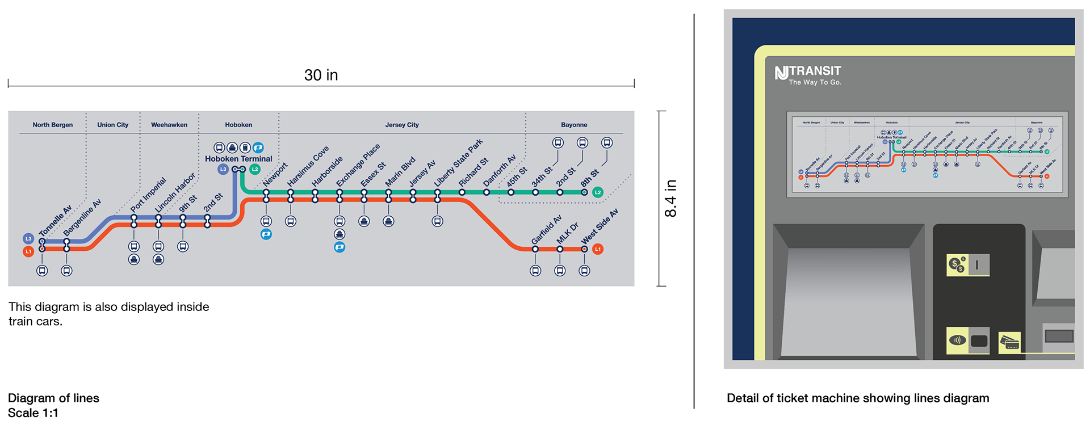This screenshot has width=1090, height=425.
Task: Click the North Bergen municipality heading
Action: [52, 125]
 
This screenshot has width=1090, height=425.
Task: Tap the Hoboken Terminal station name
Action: [238, 159]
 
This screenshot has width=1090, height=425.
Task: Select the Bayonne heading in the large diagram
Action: [574, 125]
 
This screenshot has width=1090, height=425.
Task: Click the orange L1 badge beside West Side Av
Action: [597, 249]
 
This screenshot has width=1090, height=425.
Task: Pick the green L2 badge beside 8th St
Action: [597, 192]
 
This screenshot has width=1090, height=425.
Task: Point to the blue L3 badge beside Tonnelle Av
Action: [28, 239]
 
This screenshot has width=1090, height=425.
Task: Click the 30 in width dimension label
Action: [321, 75]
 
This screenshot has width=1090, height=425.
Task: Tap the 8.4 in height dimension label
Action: [670, 199]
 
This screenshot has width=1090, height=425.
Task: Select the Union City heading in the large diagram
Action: [112, 125]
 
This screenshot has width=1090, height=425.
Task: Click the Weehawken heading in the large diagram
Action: [169, 125]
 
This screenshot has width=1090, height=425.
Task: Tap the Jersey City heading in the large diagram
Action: [402, 125]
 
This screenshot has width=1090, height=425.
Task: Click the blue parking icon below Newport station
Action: [266, 234]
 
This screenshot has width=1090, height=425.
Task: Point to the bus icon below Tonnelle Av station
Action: [42, 271]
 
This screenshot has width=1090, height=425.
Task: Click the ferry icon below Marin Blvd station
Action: [388, 221]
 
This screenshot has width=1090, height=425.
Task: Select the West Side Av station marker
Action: [584, 249]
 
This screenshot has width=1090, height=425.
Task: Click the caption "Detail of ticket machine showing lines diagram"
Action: [857, 398]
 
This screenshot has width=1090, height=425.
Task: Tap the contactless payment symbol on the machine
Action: [957, 340]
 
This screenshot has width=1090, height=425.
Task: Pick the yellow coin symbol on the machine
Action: [957, 264]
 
